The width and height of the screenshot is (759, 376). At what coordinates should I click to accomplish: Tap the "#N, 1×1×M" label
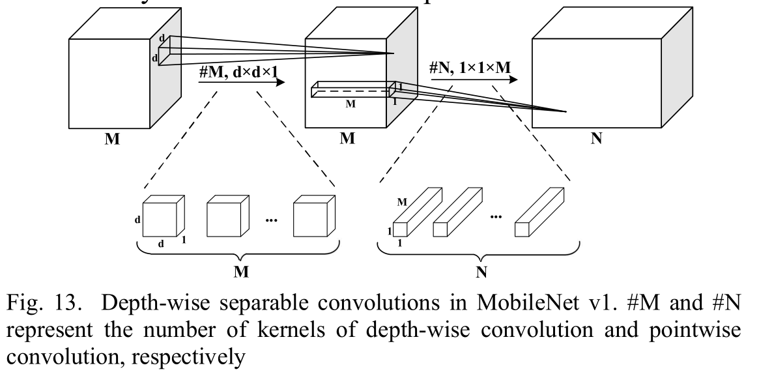tap(472, 66)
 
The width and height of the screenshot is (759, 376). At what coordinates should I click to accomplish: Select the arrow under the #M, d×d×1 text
tap(242, 83)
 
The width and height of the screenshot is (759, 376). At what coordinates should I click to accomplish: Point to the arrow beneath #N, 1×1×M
tap(474, 80)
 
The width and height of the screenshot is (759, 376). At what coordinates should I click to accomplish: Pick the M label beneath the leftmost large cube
tap(113, 139)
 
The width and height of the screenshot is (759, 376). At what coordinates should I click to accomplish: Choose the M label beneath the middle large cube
tap(351, 139)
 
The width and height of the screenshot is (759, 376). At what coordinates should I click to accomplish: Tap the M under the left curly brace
tap(240, 271)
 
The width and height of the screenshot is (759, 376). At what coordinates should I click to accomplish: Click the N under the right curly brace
tap(481, 272)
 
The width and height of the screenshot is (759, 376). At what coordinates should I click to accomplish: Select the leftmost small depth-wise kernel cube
tap(162, 216)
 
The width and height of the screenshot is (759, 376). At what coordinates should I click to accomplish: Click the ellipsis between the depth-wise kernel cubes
tap(272, 220)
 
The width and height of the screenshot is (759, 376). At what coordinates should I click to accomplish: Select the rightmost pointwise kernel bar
tap(540, 210)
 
